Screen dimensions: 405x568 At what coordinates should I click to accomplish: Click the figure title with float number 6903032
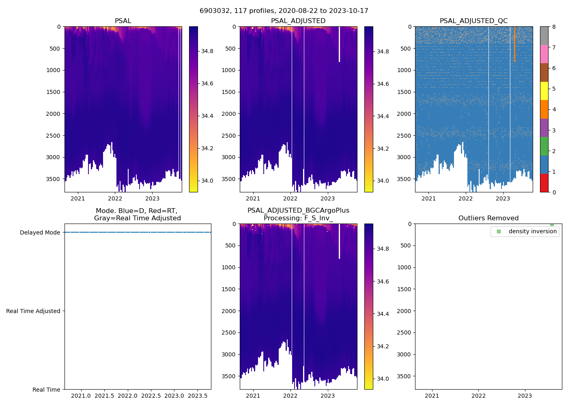(x=284, y=11)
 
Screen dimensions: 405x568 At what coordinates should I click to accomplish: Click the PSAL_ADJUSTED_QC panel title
(x=473, y=21)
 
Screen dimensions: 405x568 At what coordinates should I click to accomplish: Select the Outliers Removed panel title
(x=488, y=218)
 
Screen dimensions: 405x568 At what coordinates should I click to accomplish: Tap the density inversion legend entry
(x=532, y=231)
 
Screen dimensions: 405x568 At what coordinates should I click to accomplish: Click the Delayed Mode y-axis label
(x=40, y=232)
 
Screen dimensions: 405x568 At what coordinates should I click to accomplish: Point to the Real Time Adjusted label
(x=33, y=311)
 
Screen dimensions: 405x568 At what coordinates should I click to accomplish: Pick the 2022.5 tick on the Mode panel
(x=151, y=396)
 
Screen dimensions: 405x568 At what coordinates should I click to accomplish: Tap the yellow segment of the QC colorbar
(x=544, y=91)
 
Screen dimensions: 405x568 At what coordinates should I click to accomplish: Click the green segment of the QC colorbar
(x=544, y=146)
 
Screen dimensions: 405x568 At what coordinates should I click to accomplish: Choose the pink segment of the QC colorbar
(x=544, y=54)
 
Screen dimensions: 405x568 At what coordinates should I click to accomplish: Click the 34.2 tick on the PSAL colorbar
(x=207, y=148)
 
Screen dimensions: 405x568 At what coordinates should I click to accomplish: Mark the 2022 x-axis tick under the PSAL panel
(x=115, y=198)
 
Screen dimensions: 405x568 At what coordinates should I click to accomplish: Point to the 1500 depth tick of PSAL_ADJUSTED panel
(x=229, y=92)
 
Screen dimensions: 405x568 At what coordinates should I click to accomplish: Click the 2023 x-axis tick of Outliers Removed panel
(x=525, y=396)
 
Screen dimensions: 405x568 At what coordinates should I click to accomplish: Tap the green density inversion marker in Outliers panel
(x=552, y=224)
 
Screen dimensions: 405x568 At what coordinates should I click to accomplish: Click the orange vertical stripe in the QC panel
(x=514, y=45)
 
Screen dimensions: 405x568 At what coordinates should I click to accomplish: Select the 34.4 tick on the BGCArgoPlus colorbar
(x=383, y=314)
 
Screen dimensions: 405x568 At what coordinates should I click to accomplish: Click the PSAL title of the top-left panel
(x=123, y=21)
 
